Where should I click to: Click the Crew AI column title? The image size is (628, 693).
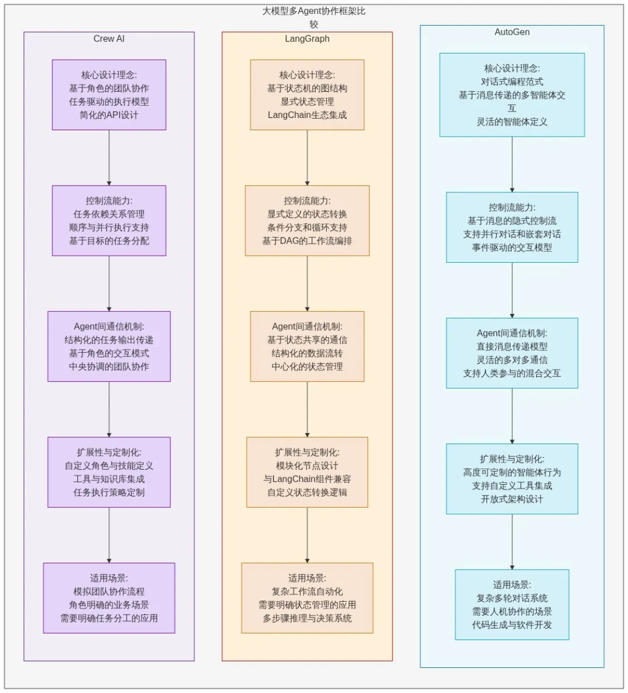109,39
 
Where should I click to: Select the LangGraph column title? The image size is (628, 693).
307,39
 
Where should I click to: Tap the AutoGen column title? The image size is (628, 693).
512,32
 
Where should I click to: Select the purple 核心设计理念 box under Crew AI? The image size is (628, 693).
109,95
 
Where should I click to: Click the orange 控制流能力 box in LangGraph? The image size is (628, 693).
307,221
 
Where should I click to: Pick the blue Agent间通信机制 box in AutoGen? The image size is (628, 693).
512,353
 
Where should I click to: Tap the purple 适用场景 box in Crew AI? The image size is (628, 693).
109,598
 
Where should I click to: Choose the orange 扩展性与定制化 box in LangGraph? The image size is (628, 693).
307,472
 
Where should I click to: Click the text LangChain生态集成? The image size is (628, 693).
307,115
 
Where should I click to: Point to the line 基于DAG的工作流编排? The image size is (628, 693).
307,241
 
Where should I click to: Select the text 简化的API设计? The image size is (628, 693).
109,115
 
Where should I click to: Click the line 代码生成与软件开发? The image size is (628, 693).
512,625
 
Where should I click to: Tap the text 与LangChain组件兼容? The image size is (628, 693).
307,479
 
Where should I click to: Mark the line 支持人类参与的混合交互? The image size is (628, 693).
512,373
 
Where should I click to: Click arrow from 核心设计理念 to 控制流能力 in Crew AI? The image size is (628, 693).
109,158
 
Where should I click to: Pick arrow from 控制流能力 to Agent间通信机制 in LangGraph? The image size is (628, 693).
307,283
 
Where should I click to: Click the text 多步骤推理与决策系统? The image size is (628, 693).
307,618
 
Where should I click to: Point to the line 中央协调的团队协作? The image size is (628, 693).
109,367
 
